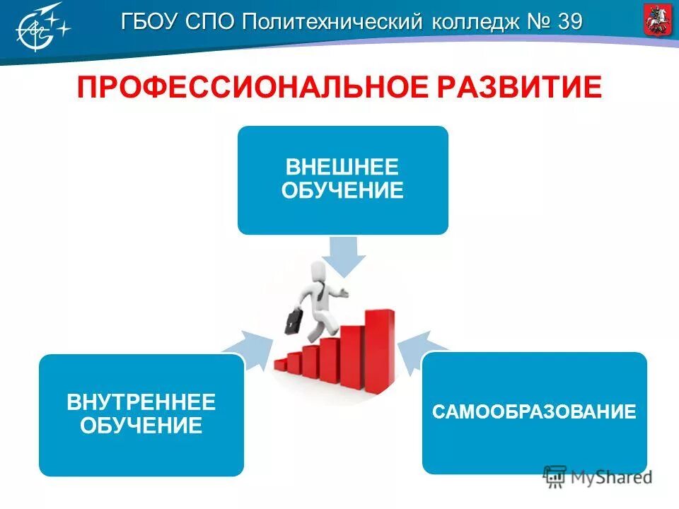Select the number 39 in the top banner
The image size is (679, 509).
coord(570,22)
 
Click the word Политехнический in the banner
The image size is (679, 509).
coord(332,22)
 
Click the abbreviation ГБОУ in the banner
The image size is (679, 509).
coord(150,22)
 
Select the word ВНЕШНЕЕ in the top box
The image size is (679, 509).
coord(342,168)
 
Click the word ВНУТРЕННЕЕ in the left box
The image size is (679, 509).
coord(141,403)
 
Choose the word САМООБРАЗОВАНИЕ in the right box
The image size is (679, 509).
coord(534,412)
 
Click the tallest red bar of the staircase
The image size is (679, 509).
coord(380,348)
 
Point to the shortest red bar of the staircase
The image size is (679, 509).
coord(281,364)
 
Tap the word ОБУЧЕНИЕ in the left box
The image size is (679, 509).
coord(141,426)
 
